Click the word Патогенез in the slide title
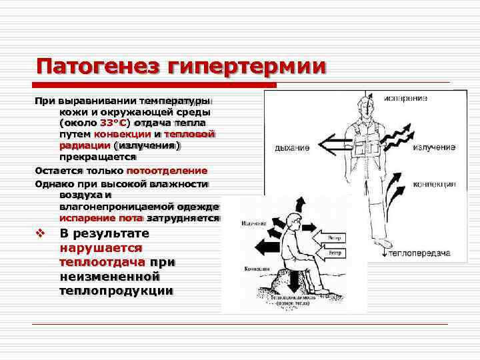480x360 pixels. click(x=96, y=67)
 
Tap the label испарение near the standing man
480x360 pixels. click(x=405, y=99)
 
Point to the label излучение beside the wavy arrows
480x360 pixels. click(x=433, y=147)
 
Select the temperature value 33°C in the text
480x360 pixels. click(x=113, y=123)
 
